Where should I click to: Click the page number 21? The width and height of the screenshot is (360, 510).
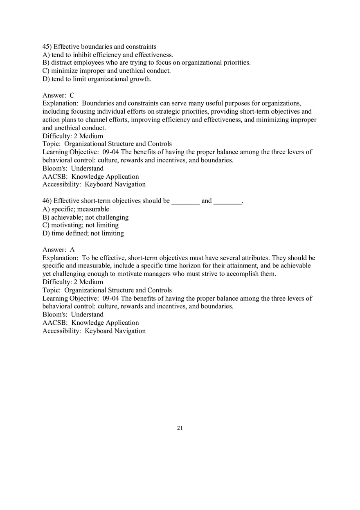click(x=180, y=428)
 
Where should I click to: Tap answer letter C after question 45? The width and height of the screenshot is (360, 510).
click(x=72, y=95)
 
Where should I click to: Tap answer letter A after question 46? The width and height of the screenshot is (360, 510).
click(x=72, y=249)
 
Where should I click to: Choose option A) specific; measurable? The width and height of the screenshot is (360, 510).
click(x=76, y=209)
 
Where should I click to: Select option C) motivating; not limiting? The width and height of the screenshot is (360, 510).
click(x=81, y=225)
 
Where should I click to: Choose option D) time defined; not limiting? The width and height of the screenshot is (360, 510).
click(x=83, y=233)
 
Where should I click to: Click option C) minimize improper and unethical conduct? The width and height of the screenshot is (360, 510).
click(x=106, y=71)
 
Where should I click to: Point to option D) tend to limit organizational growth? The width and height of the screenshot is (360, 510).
click(x=97, y=79)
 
